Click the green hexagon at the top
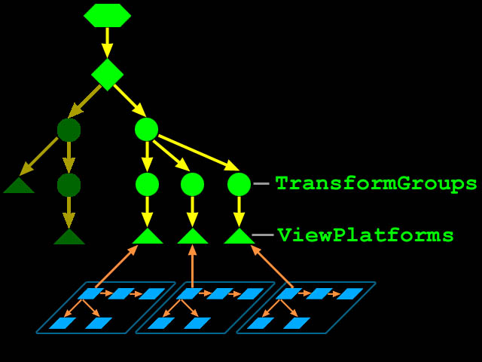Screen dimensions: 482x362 107,15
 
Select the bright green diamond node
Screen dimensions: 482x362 107,75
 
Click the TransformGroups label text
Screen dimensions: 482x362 377,184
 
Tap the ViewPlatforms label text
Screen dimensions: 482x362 365,235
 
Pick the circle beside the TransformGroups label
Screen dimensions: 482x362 239,184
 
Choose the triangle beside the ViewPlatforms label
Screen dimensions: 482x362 239,236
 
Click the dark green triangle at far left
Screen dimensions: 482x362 19,186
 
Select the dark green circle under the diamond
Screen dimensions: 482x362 69,130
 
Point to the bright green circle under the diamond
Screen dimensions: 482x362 147,130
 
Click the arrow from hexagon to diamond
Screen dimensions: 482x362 107,43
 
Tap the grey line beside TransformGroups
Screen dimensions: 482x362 261,184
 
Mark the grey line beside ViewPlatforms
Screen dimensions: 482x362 263,235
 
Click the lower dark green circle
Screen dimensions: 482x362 69,185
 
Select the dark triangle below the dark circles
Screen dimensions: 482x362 69,236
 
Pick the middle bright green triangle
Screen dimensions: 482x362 193,236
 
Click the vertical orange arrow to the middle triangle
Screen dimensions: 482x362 193,266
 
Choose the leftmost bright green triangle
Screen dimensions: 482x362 148,236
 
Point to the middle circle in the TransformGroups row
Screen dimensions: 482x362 193,184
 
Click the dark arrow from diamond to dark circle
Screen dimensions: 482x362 84,102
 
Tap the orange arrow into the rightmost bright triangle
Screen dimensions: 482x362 272,266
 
